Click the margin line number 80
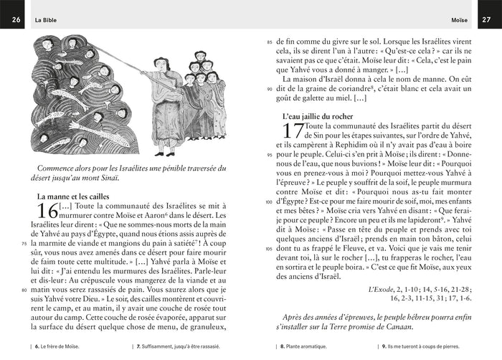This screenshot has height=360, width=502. [27, 290]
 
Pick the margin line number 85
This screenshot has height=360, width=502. [270, 42]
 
